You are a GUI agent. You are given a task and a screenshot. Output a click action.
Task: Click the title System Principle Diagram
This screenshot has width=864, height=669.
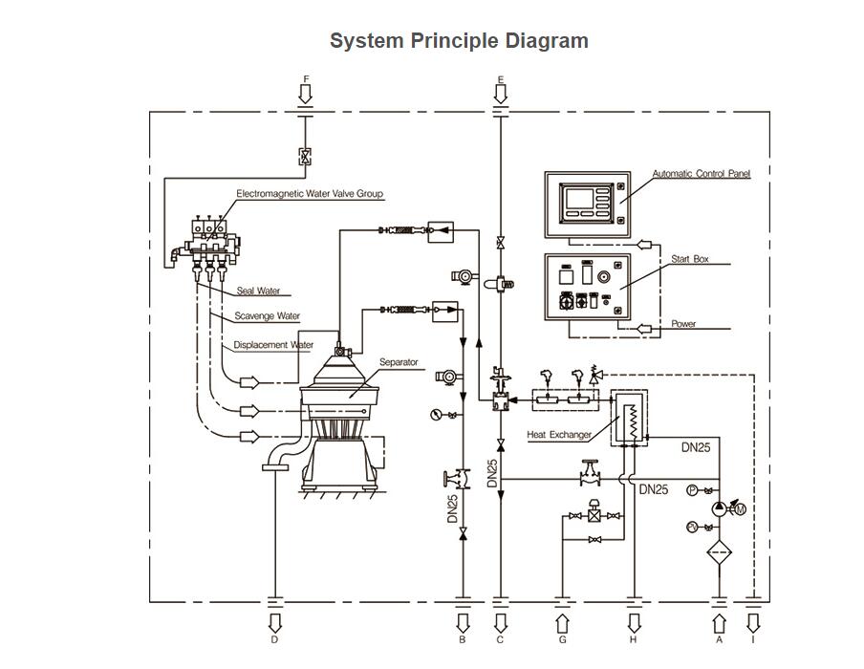click(x=459, y=41)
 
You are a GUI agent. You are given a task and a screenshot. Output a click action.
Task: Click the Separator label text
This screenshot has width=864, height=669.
click(x=399, y=362)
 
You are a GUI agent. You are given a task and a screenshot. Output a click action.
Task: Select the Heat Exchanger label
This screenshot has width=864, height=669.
click(x=559, y=435)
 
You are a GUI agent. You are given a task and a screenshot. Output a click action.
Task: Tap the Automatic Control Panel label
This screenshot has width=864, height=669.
click(x=702, y=174)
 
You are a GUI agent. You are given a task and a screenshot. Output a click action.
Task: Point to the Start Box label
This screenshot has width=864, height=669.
click(x=689, y=259)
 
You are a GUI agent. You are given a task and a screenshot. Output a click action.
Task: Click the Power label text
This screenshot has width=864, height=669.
click(x=683, y=324)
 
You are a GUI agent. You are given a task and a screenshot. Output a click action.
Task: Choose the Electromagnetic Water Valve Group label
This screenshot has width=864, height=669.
click(x=310, y=194)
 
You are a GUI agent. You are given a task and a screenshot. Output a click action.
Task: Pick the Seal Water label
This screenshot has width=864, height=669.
click(x=258, y=291)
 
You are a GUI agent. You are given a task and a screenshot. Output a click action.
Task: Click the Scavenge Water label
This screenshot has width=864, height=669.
click(x=268, y=316)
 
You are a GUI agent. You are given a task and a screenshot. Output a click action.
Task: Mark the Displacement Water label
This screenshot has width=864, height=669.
click(x=273, y=345)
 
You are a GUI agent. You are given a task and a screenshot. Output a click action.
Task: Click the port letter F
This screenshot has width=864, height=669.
click(x=306, y=78)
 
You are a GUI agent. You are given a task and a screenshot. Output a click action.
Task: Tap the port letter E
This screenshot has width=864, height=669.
click(x=500, y=79)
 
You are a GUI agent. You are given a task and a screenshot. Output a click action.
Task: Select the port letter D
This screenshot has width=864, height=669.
click(x=274, y=639)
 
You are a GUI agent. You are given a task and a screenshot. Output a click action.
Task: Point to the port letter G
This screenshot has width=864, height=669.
click(x=562, y=639)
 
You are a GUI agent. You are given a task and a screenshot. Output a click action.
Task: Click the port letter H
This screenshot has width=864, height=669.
click(x=633, y=639)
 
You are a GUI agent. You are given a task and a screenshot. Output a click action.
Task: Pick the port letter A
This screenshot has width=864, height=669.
click(x=720, y=639)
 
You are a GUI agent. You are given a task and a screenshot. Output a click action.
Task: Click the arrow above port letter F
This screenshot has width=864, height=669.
click(x=306, y=94)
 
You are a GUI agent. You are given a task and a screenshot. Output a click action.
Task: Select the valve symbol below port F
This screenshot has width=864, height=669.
click(x=305, y=157)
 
